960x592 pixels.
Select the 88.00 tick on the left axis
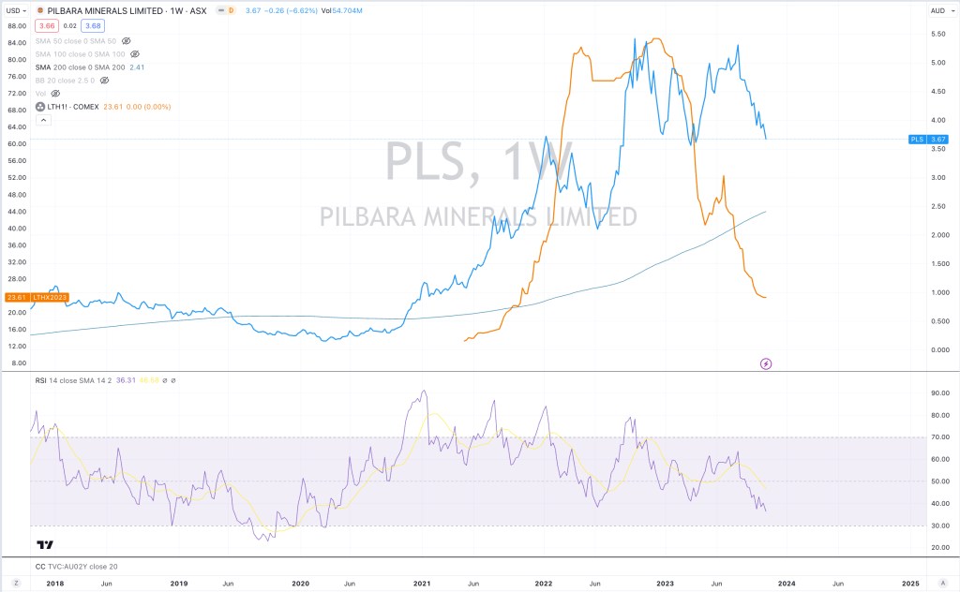tap(16, 26)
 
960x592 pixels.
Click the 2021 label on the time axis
tap(422, 583)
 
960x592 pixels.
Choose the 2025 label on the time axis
tap(911, 583)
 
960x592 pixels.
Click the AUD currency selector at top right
tap(938, 10)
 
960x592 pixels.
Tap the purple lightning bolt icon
tap(765, 363)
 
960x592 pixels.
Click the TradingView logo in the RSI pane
tap(44, 544)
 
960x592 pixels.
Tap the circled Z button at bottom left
tap(16, 583)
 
